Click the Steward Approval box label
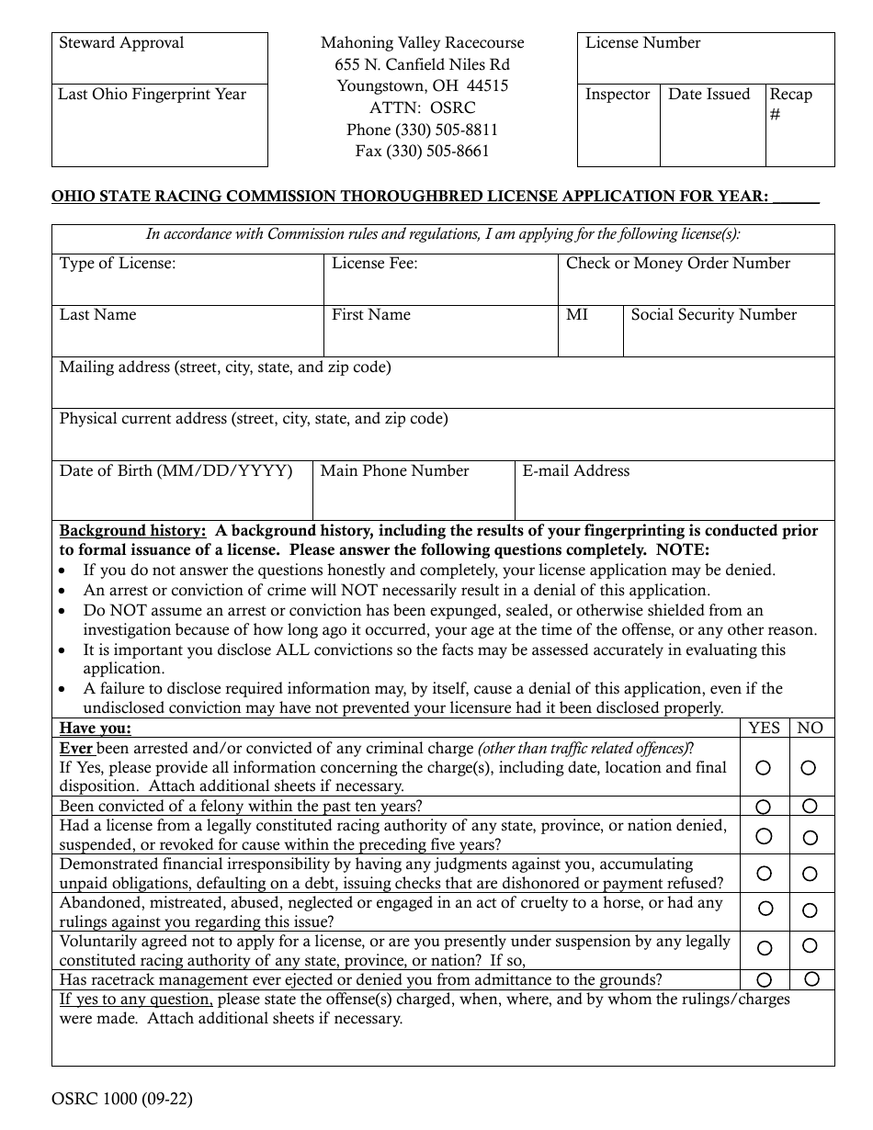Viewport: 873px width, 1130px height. (121, 43)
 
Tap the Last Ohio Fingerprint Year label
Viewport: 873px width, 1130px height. (152, 95)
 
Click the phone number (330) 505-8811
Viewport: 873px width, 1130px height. (422, 130)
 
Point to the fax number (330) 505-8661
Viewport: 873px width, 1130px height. (422, 152)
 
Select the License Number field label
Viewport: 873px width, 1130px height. (642, 43)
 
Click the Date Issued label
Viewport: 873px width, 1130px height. (709, 95)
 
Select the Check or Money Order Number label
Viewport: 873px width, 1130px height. (677, 264)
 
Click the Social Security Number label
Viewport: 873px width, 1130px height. (713, 315)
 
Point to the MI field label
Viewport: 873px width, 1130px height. (577, 315)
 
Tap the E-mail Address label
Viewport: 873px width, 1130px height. (575, 471)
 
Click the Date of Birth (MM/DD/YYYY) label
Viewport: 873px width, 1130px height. (176, 471)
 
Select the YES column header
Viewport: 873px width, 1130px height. (764, 729)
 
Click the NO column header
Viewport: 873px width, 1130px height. (810, 729)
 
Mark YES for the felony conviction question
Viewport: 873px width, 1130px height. (764, 807)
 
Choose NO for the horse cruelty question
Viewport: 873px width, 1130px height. (810, 911)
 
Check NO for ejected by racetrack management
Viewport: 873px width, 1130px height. (811, 979)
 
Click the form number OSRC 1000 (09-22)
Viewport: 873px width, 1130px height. (122, 1099)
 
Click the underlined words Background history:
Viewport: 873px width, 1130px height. (132, 531)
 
